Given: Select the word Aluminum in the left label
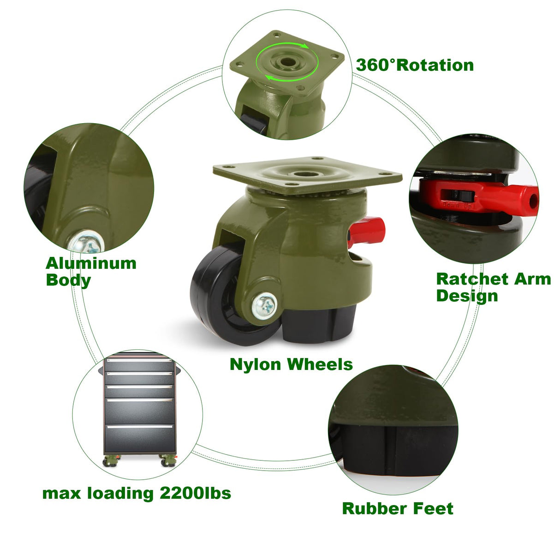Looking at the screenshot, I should click(x=91, y=263).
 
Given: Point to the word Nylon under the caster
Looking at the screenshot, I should click(x=255, y=364).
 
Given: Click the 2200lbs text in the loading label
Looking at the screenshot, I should click(x=195, y=493).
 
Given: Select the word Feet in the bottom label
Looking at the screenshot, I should click(x=433, y=508).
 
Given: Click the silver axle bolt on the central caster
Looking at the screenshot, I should click(x=264, y=304).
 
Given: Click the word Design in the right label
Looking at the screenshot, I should click(x=467, y=296).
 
